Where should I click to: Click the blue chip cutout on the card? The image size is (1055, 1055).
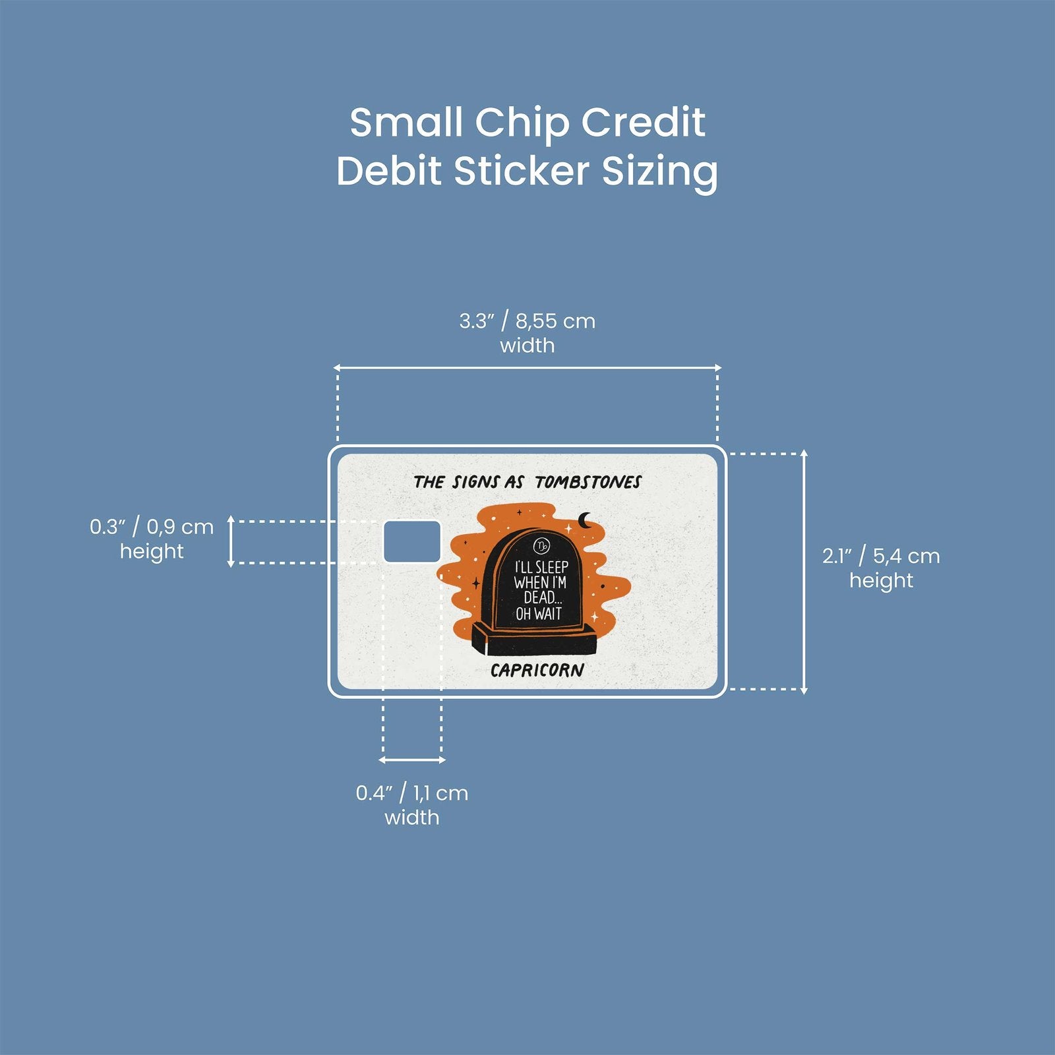(412, 541)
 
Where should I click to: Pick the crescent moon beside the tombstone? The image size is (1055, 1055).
(585, 521)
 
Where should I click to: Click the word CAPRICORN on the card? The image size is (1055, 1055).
(537, 671)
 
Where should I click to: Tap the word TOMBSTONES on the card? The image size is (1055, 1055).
(588, 482)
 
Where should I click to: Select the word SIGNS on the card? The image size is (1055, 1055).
(475, 482)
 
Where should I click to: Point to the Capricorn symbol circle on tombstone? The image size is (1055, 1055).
(541, 545)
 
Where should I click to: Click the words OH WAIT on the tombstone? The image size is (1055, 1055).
(539, 614)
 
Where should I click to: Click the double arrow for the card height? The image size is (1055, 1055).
(804, 572)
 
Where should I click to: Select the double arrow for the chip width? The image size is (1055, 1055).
(412, 760)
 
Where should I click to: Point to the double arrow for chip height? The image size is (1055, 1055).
(231, 541)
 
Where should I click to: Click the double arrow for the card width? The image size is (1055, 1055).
(527, 368)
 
